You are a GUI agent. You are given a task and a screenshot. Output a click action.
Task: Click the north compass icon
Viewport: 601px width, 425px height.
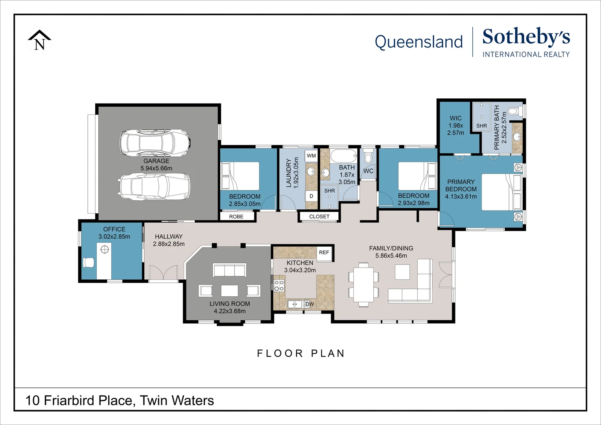tap(39, 40)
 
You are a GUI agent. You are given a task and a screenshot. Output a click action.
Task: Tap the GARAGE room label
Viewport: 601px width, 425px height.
tap(156, 161)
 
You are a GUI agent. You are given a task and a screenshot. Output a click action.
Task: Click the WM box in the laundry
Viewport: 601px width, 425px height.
tap(311, 156)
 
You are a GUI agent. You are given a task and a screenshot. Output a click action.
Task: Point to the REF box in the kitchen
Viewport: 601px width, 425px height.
tap(324, 253)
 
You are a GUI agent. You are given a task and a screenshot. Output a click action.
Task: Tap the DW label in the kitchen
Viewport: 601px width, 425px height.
tap(310, 304)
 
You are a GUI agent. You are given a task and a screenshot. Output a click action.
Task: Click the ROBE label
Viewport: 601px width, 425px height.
tap(236, 217)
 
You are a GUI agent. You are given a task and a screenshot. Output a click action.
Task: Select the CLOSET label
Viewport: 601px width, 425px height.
tap(319, 217)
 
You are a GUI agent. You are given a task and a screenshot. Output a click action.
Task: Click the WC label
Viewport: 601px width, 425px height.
tap(368, 171)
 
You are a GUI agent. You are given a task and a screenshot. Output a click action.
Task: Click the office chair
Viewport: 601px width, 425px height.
tap(88, 262)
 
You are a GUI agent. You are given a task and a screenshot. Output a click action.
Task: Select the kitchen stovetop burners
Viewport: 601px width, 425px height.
tap(279, 286)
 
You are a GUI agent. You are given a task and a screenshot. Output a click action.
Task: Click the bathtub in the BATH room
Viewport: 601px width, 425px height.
tap(343, 156)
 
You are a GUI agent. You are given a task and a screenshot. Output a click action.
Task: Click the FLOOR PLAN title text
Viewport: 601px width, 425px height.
tap(300, 353)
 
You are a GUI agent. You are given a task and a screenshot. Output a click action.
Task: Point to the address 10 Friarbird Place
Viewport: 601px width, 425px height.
tap(120, 401)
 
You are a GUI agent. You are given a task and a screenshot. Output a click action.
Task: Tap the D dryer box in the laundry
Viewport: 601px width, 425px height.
tap(311, 196)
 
